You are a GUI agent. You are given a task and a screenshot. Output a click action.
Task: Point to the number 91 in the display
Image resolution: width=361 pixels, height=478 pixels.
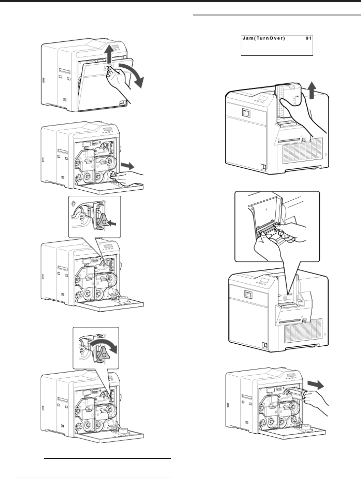(x=308, y=38)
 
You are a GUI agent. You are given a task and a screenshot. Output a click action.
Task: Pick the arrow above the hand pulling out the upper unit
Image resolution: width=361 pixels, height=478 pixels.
(x=317, y=384)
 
